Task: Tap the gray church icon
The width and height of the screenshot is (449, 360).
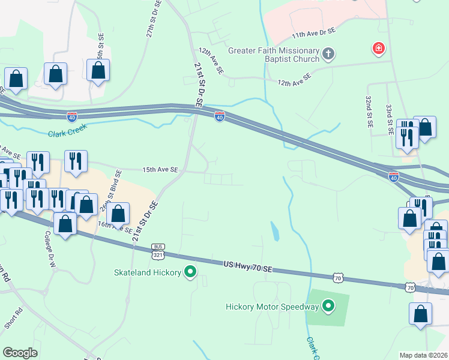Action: point(328,55)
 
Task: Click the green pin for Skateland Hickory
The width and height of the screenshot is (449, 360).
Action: point(191,272)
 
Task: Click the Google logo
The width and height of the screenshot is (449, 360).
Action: point(20,353)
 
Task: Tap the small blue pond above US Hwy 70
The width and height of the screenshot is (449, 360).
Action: point(274,231)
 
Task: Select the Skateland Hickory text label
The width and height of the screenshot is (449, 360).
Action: point(148,273)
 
